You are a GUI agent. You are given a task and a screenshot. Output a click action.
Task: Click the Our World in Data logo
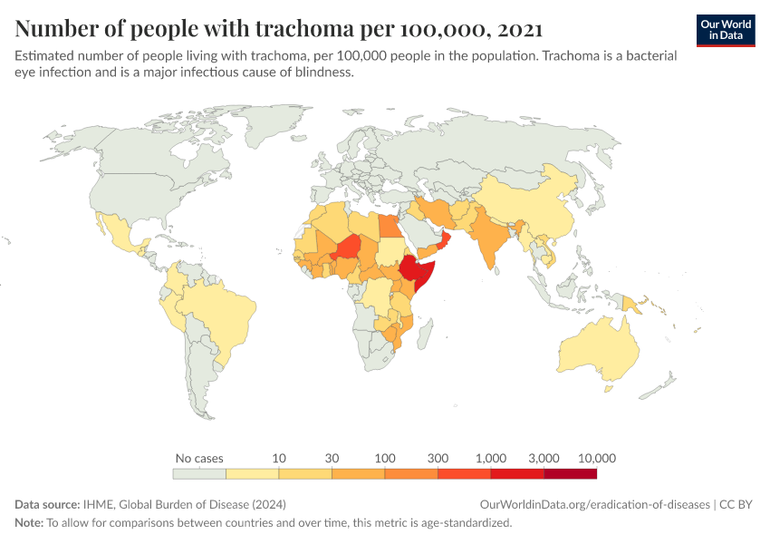(725, 30)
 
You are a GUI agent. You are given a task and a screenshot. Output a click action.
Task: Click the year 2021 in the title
(517, 28)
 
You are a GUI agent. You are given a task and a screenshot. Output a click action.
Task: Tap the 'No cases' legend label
(199, 458)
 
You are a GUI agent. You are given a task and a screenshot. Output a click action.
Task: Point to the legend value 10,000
(595, 458)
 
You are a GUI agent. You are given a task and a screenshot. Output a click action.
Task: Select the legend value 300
(438, 458)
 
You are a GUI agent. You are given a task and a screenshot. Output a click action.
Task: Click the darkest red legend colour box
(570, 473)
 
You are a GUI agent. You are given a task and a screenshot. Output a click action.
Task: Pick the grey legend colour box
(199, 473)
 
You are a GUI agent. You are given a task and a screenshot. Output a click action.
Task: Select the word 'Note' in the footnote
(29, 523)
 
